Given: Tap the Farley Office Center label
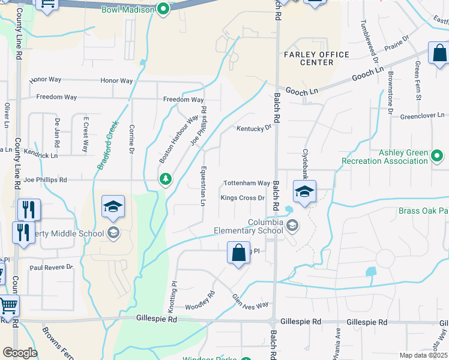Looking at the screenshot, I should (x=316, y=58).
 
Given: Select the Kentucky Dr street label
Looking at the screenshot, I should (x=254, y=128).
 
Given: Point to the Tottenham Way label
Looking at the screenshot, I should (x=247, y=183).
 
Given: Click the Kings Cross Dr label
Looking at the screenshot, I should (x=243, y=197).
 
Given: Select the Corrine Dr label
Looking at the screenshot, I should (x=131, y=139).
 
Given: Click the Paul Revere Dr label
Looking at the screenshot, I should (x=51, y=267).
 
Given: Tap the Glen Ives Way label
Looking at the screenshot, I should (x=250, y=301).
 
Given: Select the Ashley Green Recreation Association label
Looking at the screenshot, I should (x=384, y=157).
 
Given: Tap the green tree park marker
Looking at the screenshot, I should (x=165, y=179).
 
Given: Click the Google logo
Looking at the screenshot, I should (x=20, y=353).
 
